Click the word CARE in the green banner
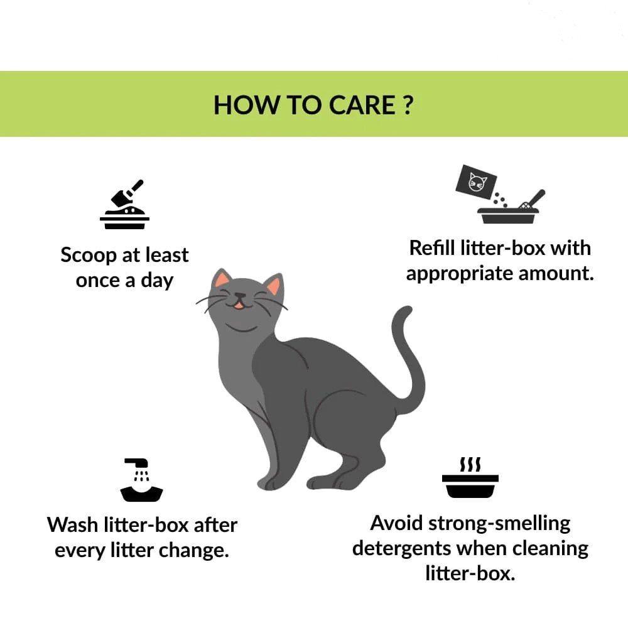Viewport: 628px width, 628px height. tap(362, 106)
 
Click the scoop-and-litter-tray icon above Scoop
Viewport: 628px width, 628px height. tap(124, 204)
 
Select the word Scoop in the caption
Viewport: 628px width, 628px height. tap(88, 256)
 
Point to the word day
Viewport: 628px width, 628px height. tap(157, 281)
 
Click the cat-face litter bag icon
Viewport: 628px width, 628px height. tap(476, 182)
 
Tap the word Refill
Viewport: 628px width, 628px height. tap(432, 248)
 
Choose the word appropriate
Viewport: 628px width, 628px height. tap(460, 274)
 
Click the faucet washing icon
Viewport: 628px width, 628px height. tap(141, 480)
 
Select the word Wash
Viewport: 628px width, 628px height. tap(72, 525)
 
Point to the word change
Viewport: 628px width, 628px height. tap(194, 551)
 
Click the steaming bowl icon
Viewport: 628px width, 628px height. tap(470, 477)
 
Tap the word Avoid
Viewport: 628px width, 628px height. tap(396, 523)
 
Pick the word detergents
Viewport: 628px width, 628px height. tap(402, 549)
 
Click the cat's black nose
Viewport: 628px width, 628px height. tap(240, 296)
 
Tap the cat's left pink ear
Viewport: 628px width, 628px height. tap(222, 280)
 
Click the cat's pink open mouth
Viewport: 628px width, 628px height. tap(239, 306)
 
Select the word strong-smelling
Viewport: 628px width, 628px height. tap(499, 524)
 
